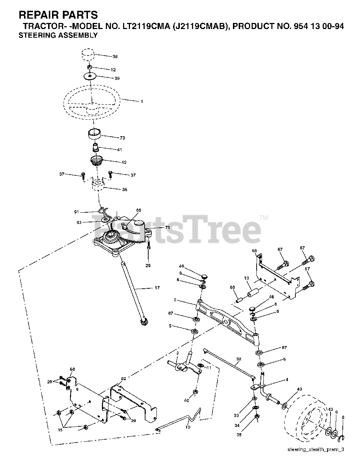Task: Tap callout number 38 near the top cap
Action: pyautogui.click(x=115, y=57)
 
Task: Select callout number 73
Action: pyautogui.click(x=122, y=138)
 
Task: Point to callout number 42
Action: pyautogui.click(x=124, y=162)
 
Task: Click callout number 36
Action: pyautogui.click(x=125, y=190)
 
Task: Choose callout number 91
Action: pyautogui.click(x=76, y=212)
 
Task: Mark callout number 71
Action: pyautogui.click(x=167, y=228)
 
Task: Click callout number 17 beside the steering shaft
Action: pyautogui.click(x=157, y=288)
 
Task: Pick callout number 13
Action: pyautogui.click(x=247, y=278)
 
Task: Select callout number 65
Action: pyautogui.click(x=232, y=288)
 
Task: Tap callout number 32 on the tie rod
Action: pyautogui.click(x=239, y=359)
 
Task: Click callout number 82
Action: pyautogui.click(x=123, y=379)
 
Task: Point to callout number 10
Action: pyautogui.click(x=188, y=427)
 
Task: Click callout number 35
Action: pyautogui.click(x=239, y=435)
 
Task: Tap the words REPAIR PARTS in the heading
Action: pyautogui.click(x=59, y=15)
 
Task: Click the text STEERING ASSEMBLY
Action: pyautogui.click(x=58, y=35)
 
